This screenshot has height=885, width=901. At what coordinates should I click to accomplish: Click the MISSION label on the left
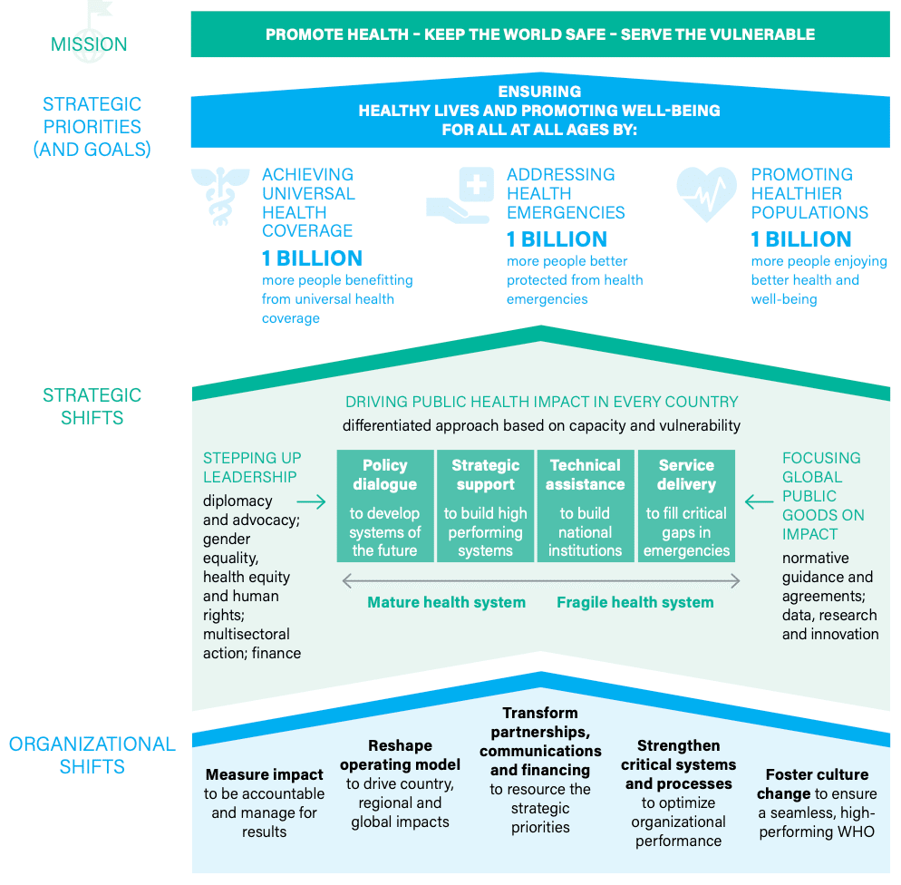89,44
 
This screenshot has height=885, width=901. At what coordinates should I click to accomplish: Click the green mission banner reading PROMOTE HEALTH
540,35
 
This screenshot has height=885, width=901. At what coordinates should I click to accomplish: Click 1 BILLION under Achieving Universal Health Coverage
313,258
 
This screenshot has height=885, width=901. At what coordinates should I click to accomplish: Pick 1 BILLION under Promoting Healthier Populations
801,239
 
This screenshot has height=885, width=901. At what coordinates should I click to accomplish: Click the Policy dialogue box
385,506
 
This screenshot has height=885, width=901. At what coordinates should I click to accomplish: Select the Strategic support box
486,506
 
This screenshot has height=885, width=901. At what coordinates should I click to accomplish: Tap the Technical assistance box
586,506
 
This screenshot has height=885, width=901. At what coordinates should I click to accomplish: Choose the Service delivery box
686,506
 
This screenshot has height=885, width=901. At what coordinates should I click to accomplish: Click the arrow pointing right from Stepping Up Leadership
311,501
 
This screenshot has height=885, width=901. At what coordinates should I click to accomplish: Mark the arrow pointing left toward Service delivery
759,501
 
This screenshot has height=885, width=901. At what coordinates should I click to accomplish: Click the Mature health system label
446,602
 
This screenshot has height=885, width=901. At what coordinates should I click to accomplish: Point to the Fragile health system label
635,602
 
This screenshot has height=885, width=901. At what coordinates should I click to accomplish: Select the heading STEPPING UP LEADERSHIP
252,467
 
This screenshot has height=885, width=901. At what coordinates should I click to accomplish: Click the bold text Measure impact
265,774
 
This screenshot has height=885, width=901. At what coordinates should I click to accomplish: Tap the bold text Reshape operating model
401,754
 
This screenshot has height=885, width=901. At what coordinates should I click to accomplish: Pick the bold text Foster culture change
816,783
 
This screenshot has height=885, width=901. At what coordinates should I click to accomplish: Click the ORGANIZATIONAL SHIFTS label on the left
92,755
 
